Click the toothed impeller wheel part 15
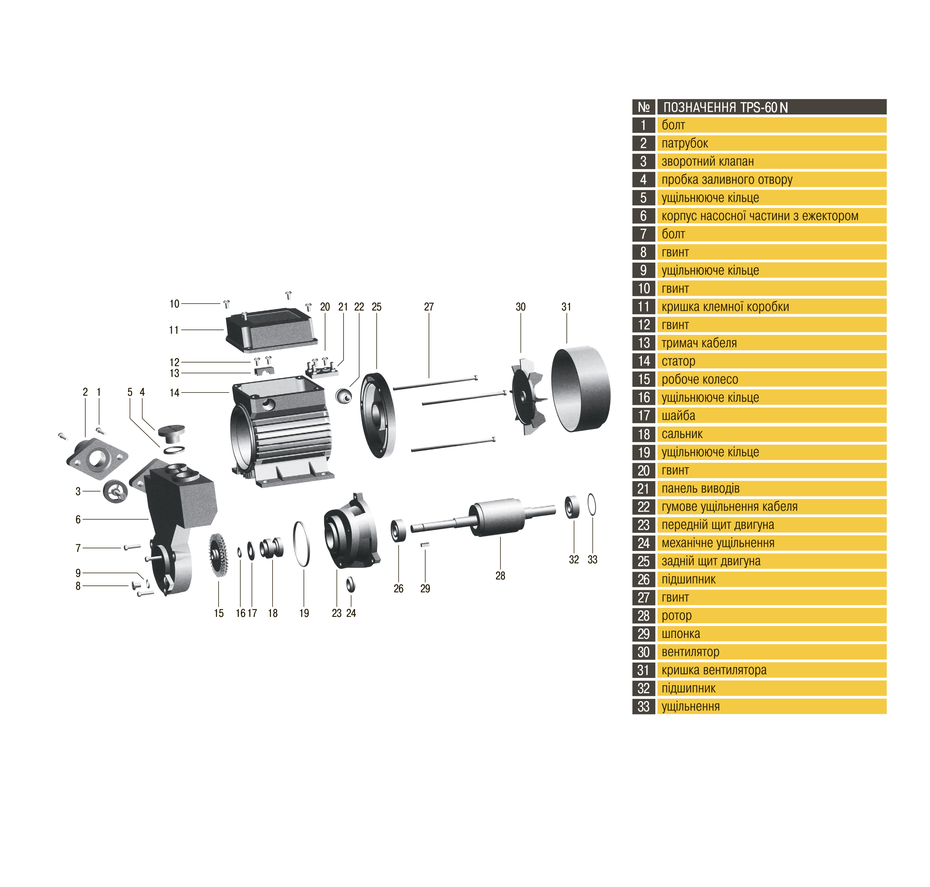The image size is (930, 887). pos(218,555)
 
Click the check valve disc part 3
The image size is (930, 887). pos(115,491)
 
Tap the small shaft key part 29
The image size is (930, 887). pos(425,545)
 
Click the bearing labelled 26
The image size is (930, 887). pos(398,530)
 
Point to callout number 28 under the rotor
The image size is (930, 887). pos(500,575)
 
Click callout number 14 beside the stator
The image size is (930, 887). pos(174,392)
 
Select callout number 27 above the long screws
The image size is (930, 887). pos(429,306)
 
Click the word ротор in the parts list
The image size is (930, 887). pos(677,616)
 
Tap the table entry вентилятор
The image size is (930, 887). pos(690,652)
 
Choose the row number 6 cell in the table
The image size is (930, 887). pos(643,215)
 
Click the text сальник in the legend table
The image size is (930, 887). pos(682,434)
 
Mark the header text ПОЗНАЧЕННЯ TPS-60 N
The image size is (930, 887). pos(725,107)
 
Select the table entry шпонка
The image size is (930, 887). pos(681,634)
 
